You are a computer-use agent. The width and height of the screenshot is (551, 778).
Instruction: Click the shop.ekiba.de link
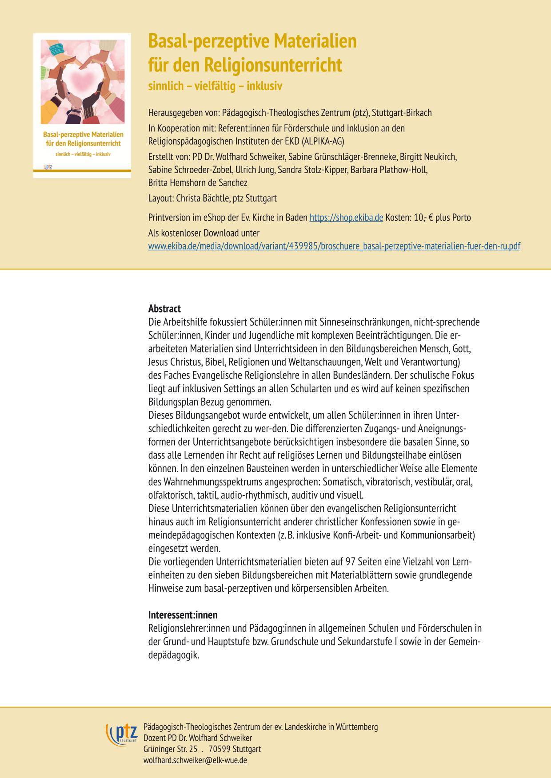[x=346, y=218]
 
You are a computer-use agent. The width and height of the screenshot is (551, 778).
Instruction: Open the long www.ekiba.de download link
[x=334, y=246]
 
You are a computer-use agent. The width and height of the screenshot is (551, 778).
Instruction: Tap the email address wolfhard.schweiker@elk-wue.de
[x=195, y=760]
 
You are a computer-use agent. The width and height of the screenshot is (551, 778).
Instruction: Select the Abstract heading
[x=164, y=308]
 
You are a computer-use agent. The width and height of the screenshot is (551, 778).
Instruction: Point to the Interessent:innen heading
[x=183, y=615]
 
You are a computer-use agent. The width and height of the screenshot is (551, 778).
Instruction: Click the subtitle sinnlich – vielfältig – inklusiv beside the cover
[x=215, y=86]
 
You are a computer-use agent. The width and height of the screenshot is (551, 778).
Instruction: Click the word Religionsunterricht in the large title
[x=273, y=65]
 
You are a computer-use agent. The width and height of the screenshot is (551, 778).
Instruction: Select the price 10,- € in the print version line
[x=419, y=218]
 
